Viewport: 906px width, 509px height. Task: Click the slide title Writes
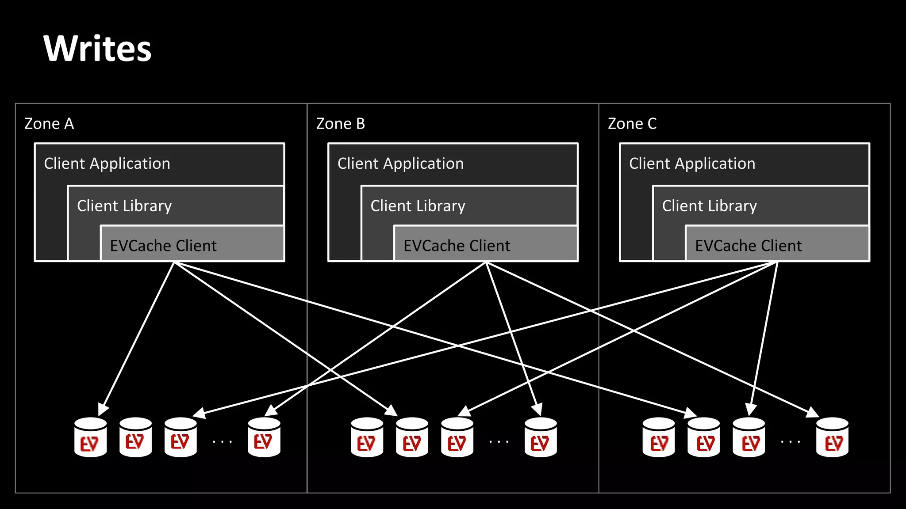[x=97, y=49]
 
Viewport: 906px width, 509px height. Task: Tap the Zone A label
[x=49, y=124]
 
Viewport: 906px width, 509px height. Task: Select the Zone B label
[x=341, y=124]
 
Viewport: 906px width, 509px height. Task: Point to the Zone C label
[x=632, y=124]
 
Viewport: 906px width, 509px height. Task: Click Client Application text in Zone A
[x=107, y=163]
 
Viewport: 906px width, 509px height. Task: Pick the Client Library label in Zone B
[x=418, y=206]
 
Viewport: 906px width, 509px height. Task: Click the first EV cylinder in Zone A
[x=91, y=437]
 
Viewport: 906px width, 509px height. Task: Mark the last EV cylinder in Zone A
[x=264, y=437]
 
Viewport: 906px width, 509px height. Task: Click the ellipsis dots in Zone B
[x=499, y=441]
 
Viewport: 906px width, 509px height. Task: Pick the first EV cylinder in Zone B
[x=367, y=437]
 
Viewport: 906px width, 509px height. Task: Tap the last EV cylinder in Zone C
[x=832, y=437]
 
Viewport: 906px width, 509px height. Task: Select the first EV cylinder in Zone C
[x=659, y=437]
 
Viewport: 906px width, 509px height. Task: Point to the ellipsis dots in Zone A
[x=222, y=441]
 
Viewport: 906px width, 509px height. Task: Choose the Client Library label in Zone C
[x=709, y=206]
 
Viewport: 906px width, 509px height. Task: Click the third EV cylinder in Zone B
[x=457, y=437]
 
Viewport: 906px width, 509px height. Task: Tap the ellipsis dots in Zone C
[x=791, y=441]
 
